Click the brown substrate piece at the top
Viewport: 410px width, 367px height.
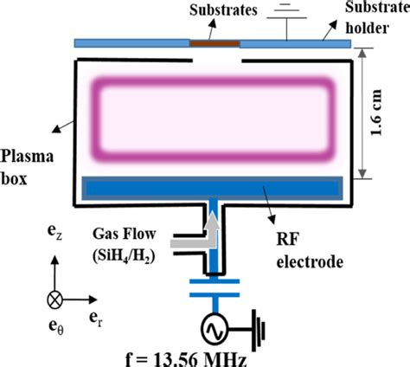pyautogui.click(x=215, y=42)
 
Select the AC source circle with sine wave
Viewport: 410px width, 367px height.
pyautogui.click(x=215, y=330)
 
